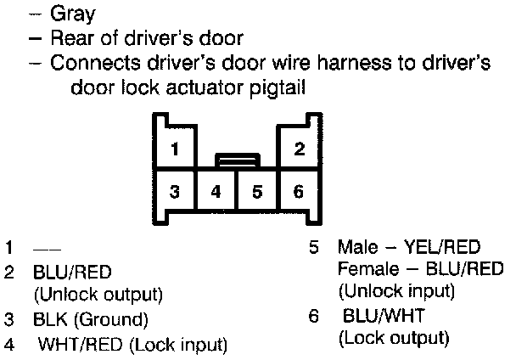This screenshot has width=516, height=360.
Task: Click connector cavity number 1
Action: tap(174, 150)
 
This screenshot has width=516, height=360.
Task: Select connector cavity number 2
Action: tap(299, 150)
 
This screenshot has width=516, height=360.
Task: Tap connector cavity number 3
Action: tap(174, 191)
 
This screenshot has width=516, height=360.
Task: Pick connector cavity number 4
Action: tap(216, 191)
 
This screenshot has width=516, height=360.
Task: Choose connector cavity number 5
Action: tap(257, 191)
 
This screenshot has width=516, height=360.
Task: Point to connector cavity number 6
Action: tap(298, 191)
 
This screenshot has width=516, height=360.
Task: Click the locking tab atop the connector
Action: tap(237, 160)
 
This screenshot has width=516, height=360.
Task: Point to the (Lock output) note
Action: tap(393, 338)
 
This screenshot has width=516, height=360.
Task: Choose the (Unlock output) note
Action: tap(98, 295)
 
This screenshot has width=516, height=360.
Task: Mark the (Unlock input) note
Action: tap(395, 291)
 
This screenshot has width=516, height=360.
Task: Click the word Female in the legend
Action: tap(365, 269)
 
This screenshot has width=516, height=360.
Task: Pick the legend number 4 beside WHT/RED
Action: tap(8, 345)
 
